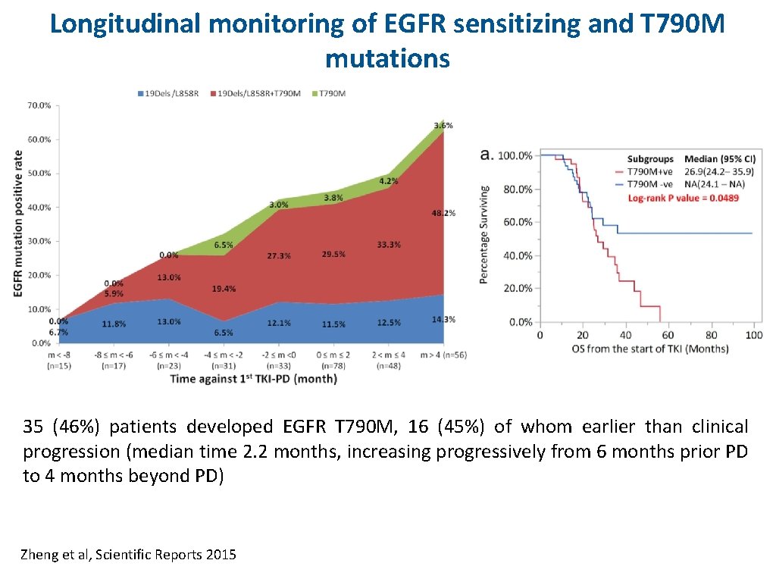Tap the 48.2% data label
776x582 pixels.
coord(443,213)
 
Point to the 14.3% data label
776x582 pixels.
coord(443,319)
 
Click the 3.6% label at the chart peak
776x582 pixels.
coord(443,125)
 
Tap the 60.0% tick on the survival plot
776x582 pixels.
coord(515,222)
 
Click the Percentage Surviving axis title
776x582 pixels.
coord(484,235)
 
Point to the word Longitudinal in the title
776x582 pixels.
coord(125,24)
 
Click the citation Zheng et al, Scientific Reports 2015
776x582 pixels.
coord(129,555)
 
